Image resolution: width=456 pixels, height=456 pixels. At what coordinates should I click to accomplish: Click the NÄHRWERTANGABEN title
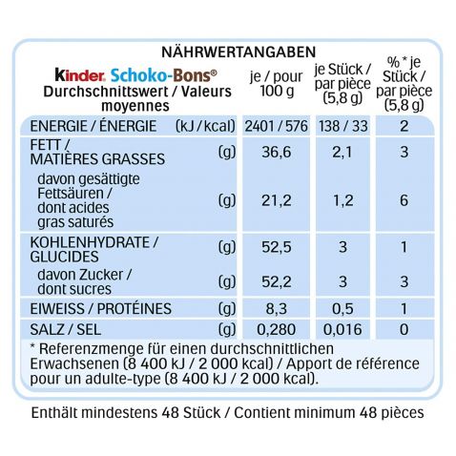coord(238,52)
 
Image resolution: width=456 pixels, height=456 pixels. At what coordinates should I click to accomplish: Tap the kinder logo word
coord(79,75)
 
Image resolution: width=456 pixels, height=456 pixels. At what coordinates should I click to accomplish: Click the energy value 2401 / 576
coord(276,126)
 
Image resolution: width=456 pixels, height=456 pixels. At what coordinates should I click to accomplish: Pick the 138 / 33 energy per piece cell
coord(343,126)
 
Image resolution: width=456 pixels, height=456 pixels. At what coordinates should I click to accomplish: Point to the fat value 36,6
coord(277,152)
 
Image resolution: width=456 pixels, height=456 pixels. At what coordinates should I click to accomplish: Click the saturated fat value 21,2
coord(277,200)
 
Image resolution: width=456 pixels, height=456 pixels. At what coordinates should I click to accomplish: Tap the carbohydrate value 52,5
coord(277,247)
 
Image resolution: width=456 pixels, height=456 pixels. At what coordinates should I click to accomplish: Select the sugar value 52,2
coord(277,281)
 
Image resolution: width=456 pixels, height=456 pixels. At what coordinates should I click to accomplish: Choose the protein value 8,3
coord(277,309)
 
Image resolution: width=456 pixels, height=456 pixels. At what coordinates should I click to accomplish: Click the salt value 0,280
coord(277,329)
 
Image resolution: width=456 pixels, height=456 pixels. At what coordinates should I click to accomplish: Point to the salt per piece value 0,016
coord(342,329)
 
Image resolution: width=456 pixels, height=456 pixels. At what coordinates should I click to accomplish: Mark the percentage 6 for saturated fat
coord(404,200)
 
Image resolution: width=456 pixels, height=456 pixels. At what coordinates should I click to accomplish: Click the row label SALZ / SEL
coord(66,330)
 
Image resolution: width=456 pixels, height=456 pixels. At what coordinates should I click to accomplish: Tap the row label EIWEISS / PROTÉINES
coord(101,309)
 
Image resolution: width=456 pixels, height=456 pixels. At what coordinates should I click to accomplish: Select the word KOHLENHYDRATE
coord(90,242)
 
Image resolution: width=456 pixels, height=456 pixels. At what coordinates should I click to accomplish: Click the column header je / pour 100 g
coord(277,84)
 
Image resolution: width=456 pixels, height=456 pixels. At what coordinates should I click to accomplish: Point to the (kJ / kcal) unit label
coord(205,127)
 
